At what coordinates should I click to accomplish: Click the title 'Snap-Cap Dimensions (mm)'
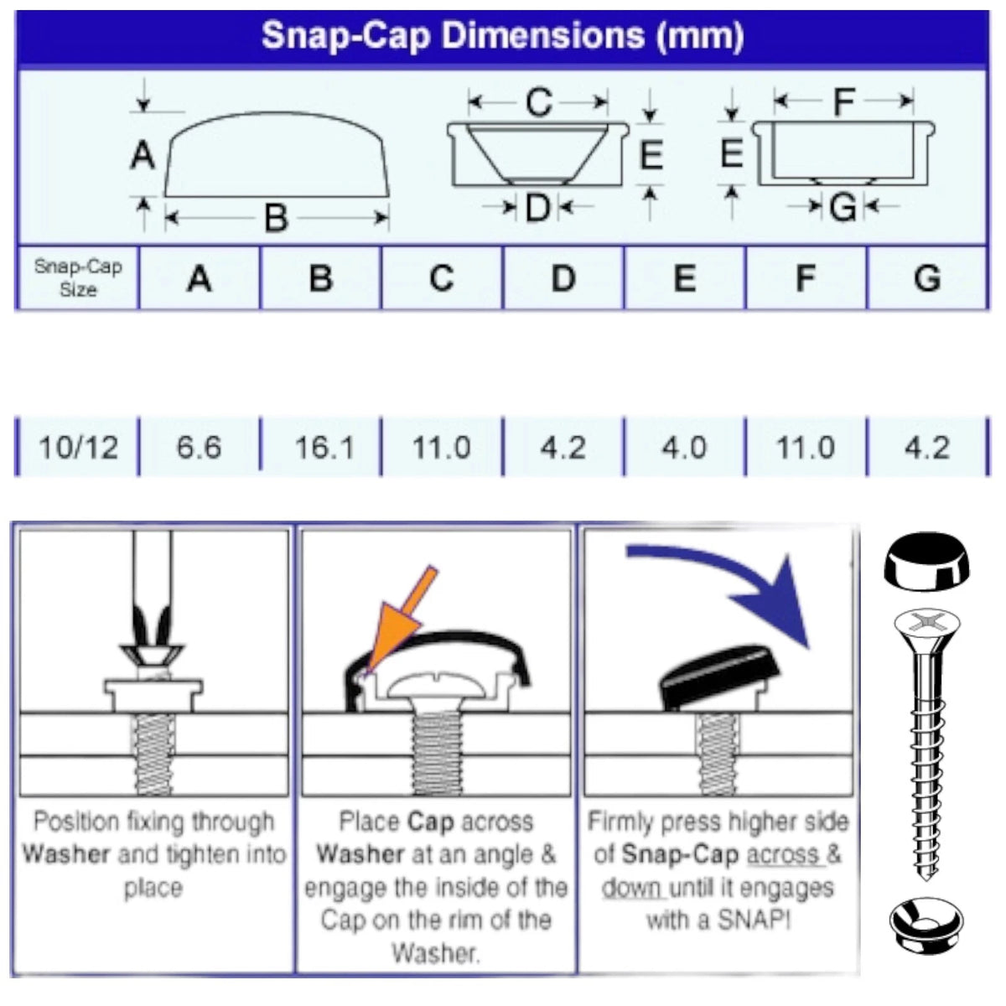[x=502, y=37]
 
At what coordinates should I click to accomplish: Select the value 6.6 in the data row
[x=199, y=448]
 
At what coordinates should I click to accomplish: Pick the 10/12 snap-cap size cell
[x=78, y=448]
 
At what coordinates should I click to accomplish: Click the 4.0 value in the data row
[x=684, y=448]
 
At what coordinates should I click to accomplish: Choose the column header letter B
[x=320, y=278]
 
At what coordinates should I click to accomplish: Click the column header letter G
[x=927, y=278]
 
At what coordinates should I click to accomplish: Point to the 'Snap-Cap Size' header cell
[x=78, y=277]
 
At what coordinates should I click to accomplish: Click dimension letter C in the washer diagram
[x=539, y=101]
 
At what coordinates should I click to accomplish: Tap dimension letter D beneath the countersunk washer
[x=537, y=207]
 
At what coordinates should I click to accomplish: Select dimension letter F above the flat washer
[x=844, y=101]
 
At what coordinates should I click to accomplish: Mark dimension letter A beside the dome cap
[x=142, y=155]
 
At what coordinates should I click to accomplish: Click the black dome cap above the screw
[x=926, y=561]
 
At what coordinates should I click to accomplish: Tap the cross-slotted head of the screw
[x=926, y=624]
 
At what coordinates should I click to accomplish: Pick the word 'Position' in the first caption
[x=77, y=822]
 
